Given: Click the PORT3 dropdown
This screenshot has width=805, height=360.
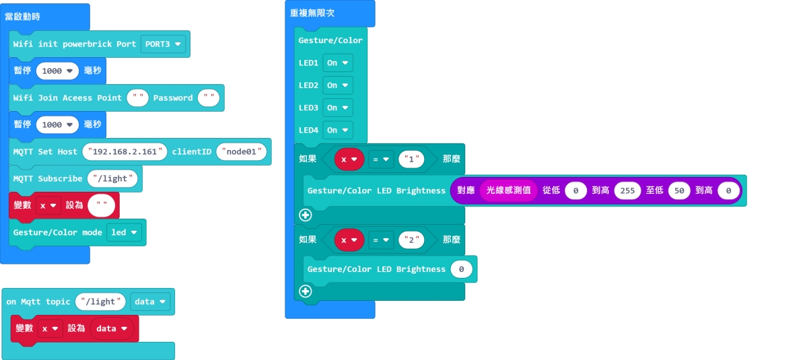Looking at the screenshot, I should pos(164,44).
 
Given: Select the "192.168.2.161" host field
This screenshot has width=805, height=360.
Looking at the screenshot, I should pos(125,151).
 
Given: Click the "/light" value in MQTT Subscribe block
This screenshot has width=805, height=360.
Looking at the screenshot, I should pos(113,178).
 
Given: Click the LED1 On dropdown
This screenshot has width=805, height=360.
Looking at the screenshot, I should pos(337,63).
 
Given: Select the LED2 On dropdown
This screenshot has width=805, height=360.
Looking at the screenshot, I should pos(337,85).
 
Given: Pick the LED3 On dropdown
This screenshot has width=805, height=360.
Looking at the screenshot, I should pos(337,107).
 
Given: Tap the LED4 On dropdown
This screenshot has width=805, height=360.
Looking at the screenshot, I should pos(337,129).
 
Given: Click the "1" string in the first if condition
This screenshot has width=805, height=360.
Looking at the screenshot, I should pos(412,159).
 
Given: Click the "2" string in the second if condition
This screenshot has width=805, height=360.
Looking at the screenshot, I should pos(412,239).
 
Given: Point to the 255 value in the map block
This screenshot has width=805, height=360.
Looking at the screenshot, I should pos(627,190).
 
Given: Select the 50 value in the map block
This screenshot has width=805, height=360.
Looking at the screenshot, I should pos(679,190).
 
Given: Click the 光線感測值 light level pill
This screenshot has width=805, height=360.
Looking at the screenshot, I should pos(508,190).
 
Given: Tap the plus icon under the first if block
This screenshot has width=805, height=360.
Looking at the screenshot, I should pos(306,215).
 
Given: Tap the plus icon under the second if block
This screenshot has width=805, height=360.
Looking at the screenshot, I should pos(306,291).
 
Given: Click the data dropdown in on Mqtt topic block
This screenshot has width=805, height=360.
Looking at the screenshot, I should pos(149,301).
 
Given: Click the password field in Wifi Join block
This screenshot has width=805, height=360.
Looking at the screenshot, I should pos(209,98).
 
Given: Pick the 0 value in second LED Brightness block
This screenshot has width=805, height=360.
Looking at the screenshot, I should pos(461,269).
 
